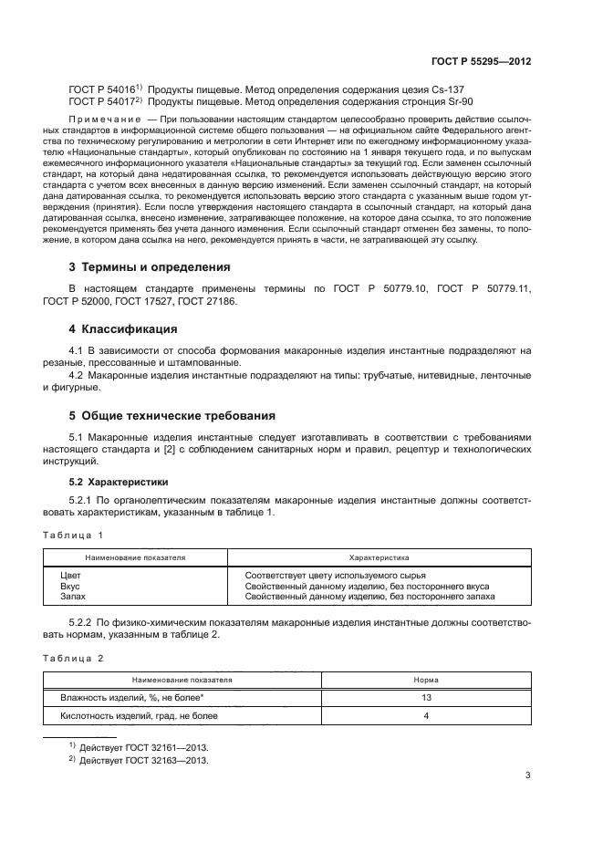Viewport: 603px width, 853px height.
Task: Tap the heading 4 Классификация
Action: (123, 328)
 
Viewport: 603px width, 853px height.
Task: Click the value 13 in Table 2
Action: (427, 697)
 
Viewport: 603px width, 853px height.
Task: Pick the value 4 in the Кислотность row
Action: (427, 716)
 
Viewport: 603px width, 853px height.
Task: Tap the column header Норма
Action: (427, 680)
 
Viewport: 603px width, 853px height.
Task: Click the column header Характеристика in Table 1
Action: (379, 556)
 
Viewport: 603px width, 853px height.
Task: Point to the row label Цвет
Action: (70, 576)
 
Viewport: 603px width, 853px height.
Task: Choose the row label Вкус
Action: (70, 586)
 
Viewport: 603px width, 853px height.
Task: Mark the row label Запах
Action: (73, 597)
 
